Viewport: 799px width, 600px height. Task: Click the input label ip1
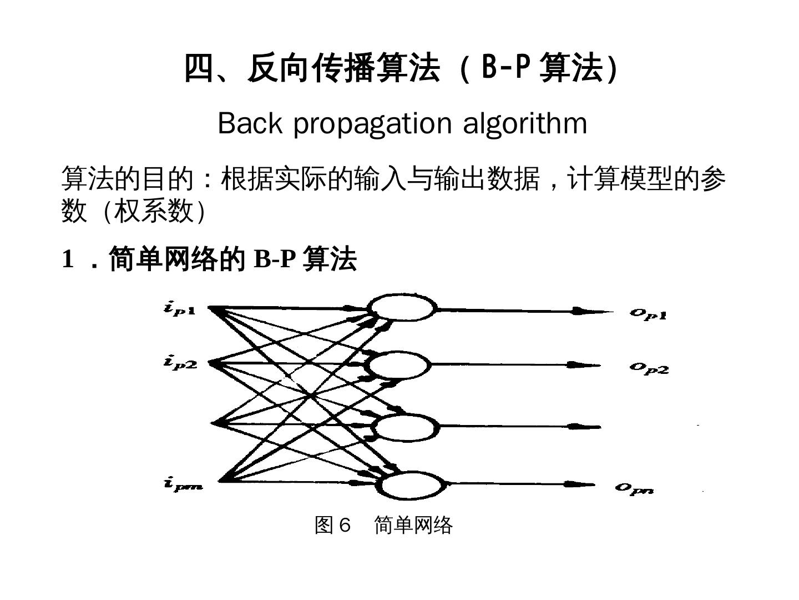point(179,309)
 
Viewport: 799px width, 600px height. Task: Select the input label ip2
point(180,363)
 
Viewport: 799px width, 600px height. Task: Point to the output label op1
point(648,314)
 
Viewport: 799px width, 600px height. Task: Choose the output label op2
point(649,368)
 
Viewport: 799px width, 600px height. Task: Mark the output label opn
point(634,488)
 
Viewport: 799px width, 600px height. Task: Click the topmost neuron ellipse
point(402,308)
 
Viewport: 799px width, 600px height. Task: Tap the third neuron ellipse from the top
point(404,427)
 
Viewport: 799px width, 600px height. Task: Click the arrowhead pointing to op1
point(583,311)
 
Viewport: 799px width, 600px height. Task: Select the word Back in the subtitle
point(250,123)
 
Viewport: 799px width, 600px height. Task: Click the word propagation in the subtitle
point(372,123)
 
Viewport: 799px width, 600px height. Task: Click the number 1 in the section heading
point(68,259)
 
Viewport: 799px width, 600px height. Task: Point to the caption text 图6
point(333,524)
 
